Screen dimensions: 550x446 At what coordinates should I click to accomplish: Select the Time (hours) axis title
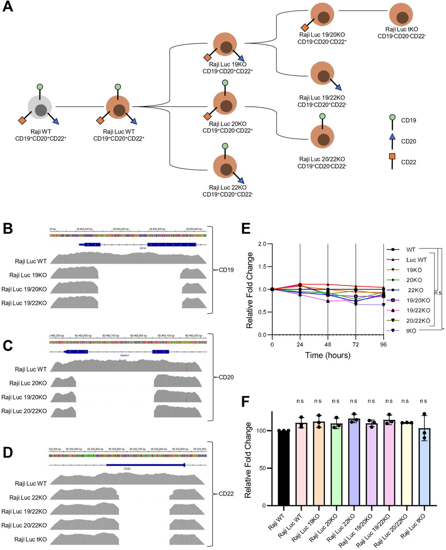327,356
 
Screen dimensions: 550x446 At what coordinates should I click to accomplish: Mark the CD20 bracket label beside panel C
227,378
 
